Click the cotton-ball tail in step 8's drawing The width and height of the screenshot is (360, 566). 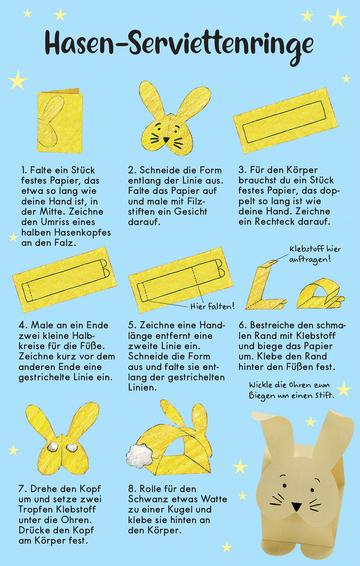(x=140, y=455)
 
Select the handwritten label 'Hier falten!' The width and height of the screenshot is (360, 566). (x=212, y=306)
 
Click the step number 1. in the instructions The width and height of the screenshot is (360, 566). (x=24, y=170)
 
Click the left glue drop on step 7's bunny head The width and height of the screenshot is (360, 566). (x=53, y=447)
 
